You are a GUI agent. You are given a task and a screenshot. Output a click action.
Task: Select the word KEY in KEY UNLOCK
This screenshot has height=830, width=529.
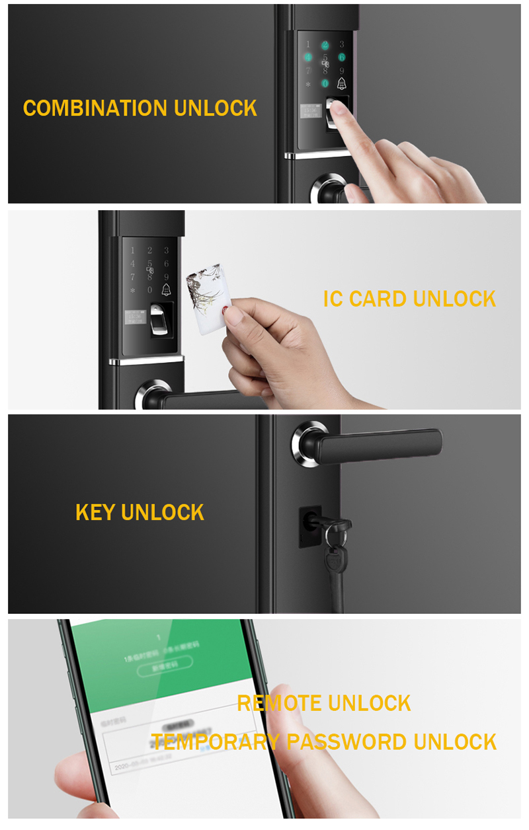coord(95,512)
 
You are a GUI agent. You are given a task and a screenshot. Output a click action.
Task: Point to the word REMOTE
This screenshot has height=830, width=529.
coord(278,703)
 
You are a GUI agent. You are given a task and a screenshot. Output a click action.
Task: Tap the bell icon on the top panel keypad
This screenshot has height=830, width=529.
coord(342,84)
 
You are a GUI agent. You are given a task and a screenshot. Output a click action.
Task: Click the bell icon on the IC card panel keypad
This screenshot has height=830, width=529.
coord(166,289)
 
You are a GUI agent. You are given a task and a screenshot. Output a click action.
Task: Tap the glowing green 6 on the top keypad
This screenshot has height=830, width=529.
coord(342,57)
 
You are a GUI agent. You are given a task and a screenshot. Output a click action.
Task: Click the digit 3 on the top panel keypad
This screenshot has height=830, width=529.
coord(342,44)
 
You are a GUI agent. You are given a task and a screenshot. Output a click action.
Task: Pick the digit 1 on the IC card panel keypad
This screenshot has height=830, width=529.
coord(132,250)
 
